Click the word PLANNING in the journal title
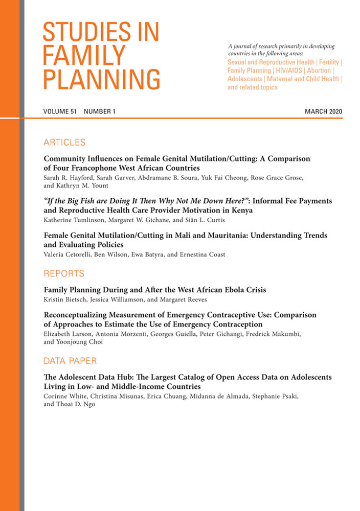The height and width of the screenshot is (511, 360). (101, 80)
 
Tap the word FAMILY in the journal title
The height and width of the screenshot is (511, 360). (84, 55)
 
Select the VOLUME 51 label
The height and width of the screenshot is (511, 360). (60, 111)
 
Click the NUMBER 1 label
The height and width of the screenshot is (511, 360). (100, 111)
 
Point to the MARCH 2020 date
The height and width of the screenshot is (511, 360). (323, 111)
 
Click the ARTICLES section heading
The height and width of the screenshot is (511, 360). (64, 142)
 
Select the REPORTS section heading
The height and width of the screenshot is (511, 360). (64, 273)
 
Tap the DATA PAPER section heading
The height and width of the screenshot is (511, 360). (70, 361)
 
